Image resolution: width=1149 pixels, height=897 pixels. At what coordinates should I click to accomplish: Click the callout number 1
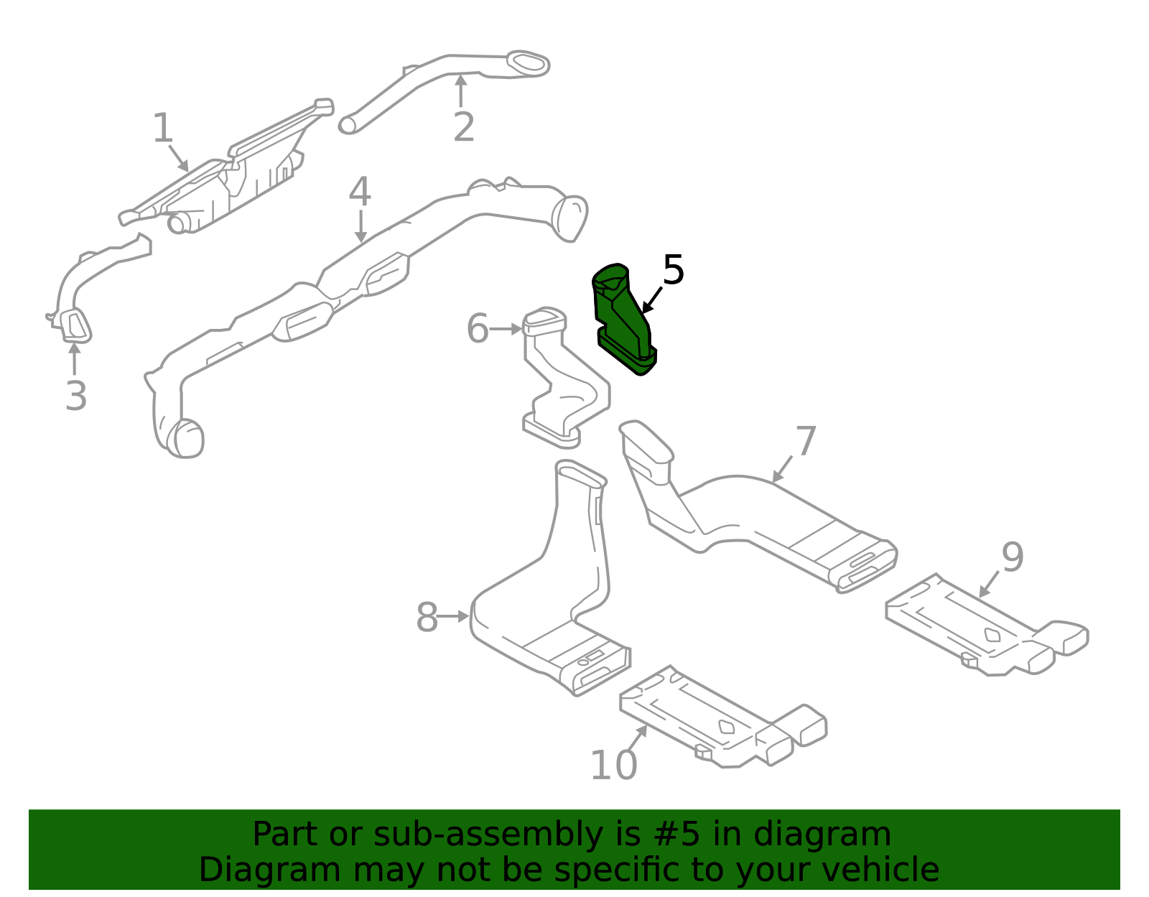(x=163, y=129)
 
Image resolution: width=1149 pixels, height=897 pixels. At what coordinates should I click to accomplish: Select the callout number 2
(x=464, y=127)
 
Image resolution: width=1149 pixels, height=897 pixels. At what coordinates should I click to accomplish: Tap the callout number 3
(x=76, y=396)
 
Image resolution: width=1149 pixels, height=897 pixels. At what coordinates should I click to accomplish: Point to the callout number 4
(x=360, y=192)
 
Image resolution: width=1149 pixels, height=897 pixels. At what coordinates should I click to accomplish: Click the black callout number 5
(x=673, y=270)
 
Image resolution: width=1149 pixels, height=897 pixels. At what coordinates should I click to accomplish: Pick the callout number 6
(x=478, y=329)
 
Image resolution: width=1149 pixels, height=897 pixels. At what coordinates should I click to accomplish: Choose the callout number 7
(x=806, y=441)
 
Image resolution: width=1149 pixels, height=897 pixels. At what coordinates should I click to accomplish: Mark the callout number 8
(x=427, y=618)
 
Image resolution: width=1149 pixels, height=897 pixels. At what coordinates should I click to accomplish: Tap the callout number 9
(x=1013, y=557)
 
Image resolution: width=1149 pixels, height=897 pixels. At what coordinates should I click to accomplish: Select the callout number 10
(x=613, y=765)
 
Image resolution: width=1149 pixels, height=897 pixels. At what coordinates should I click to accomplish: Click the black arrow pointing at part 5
(x=651, y=299)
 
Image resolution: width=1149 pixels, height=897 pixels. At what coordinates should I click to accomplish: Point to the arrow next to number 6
(x=507, y=329)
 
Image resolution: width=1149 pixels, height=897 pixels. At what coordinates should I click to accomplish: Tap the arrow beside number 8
(x=453, y=616)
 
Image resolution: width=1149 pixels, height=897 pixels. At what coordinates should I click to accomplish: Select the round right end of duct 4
(x=570, y=217)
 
